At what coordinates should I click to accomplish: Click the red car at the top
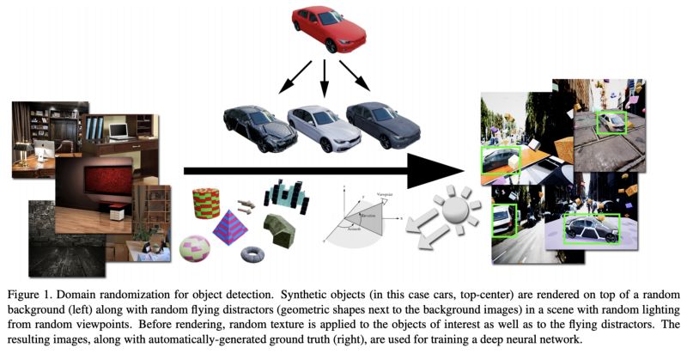tap(328, 29)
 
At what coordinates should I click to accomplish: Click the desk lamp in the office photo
tap(24, 149)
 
